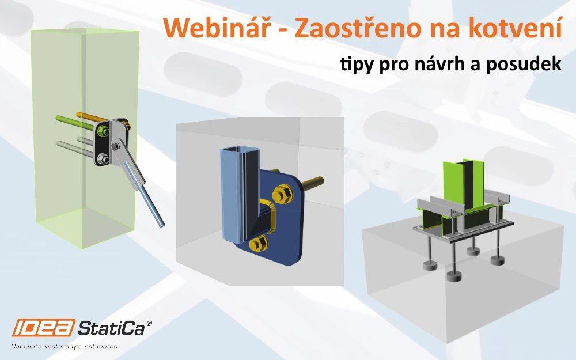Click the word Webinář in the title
(x=215, y=28)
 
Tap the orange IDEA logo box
(x=43, y=327)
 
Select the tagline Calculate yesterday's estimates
(x=65, y=346)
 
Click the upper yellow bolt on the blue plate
(x=283, y=194)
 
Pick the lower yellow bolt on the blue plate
(x=258, y=244)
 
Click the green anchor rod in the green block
(x=75, y=123)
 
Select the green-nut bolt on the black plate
(x=103, y=131)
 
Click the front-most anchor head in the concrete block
(x=454, y=277)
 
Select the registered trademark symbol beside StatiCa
(x=149, y=323)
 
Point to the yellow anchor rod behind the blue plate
(x=313, y=183)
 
